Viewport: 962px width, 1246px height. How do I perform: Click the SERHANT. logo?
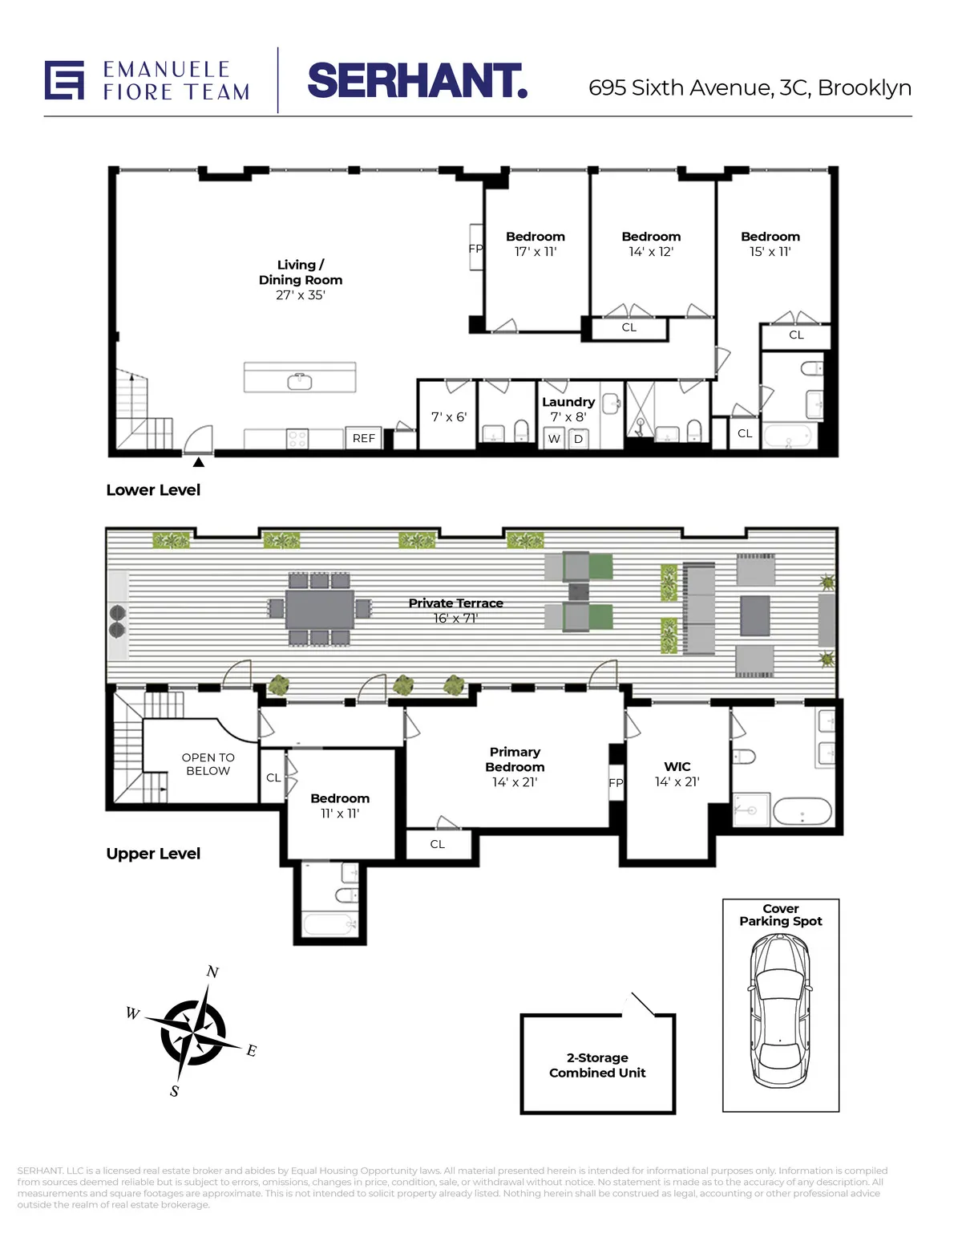(417, 81)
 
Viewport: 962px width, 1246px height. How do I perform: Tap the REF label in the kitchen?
(363, 438)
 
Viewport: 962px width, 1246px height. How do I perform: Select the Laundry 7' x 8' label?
(568, 409)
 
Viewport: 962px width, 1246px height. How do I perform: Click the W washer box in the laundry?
(554, 439)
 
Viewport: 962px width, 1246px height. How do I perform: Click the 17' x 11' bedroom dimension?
(536, 252)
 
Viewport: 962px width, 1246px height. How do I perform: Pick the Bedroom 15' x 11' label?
(770, 244)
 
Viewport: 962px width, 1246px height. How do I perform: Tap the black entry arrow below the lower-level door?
(198, 462)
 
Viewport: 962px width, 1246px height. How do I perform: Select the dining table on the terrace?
(320, 609)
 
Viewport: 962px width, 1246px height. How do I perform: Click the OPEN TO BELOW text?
(208, 764)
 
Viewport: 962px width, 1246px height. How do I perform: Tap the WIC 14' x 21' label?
(677, 774)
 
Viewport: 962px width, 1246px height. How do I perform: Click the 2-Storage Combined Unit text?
(597, 1065)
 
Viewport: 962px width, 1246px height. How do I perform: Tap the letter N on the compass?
(212, 972)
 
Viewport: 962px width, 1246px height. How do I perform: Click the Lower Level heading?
(153, 490)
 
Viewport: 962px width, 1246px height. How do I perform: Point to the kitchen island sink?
(300, 381)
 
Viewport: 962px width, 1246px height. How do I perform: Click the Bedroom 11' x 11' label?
(340, 806)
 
